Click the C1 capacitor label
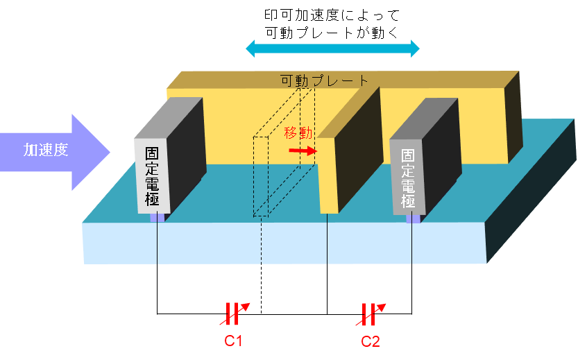233,341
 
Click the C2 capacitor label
371,341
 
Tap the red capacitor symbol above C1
235,314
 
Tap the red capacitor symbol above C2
371,314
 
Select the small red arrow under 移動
303,151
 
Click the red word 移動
298,132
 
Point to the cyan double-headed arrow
332,49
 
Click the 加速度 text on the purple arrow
46,150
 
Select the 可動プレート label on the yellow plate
325,80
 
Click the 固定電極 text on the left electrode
152,176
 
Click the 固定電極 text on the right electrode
408,178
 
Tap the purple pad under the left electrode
157,216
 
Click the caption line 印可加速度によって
332,15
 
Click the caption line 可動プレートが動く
332,33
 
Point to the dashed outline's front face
261,176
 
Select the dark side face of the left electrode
186,156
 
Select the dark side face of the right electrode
441,157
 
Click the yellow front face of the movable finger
328,175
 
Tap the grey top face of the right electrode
424,119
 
